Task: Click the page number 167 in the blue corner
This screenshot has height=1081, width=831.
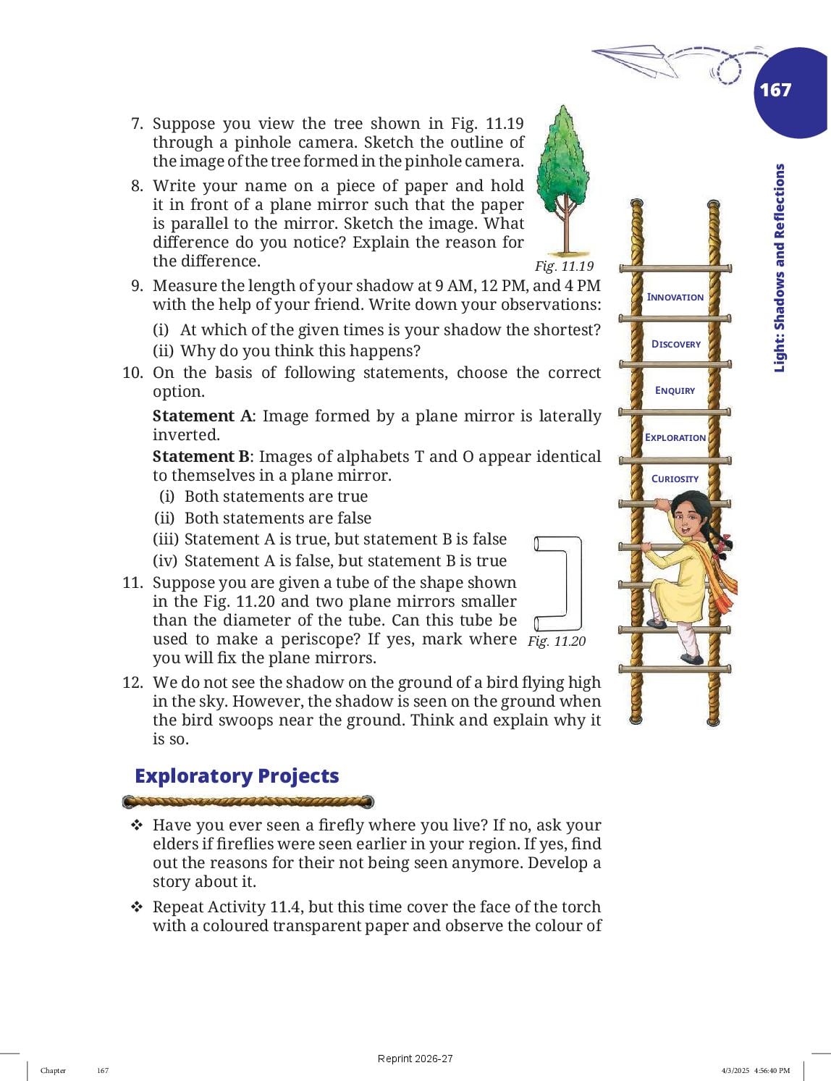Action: (x=775, y=90)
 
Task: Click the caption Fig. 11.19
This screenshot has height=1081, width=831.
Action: (x=564, y=266)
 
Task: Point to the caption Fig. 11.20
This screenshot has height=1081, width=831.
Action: (x=557, y=642)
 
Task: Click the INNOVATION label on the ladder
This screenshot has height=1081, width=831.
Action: (x=675, y=297)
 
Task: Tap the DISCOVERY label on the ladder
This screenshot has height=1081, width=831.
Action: (x=676, y=344)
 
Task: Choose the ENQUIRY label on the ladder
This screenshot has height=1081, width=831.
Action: (x=675, y=390)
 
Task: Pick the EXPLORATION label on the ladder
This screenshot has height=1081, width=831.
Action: (x=675, y=437)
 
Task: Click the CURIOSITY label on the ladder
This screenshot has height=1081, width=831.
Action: (x=675, y=479)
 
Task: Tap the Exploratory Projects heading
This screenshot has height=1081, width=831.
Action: (x=237, y=776)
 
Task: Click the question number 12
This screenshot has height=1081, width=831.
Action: (x=132, y=683)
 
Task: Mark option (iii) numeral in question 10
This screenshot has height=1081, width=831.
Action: (x=165, y=539)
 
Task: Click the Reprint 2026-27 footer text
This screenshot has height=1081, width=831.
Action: (x=415, y=1059)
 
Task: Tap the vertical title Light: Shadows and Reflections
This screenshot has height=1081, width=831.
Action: (x=780, y=268)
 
